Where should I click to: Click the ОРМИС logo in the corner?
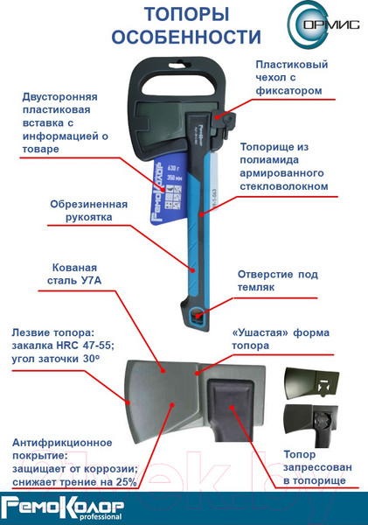[323, 24]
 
